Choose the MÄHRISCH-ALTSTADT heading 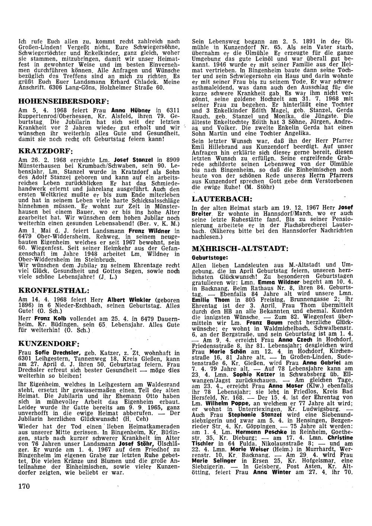click(240, 248)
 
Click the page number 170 click(23, 486)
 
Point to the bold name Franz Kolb click(48, 319)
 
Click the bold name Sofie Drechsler click(54, 353)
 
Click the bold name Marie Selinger click(210, 461)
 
